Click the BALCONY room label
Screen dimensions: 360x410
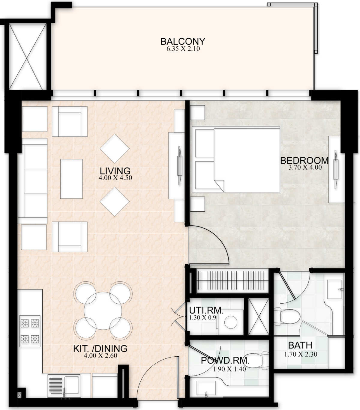(183, 41)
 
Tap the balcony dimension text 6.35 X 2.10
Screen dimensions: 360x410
(183, 49)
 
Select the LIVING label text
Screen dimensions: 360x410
(115, 171)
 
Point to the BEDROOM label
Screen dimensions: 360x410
(304, 160)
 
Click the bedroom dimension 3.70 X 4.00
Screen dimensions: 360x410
(305, 167)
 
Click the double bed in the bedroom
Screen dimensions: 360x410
(236, 159)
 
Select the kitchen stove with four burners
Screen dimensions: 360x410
(30, 331)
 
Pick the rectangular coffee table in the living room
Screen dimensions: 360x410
(71, 179)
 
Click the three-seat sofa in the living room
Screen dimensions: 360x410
(33, 181)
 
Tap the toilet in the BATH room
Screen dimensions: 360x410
(287, 316)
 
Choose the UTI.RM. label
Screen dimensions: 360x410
(206, 310)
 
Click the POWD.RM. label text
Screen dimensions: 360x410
(225, 361)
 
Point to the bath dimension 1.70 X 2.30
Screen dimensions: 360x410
(301, 354)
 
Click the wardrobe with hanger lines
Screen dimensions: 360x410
(232, 281)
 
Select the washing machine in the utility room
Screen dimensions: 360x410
(231, 322)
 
